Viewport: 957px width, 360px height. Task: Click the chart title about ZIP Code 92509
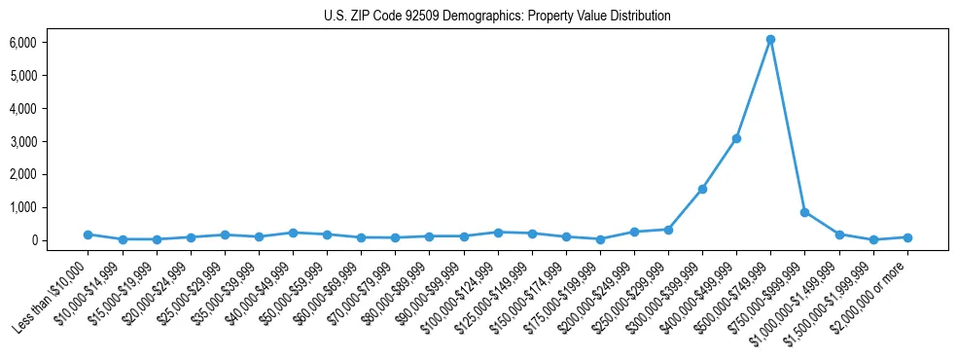[x=497, y=17]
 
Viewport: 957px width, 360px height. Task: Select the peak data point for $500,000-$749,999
[x=770, y=40]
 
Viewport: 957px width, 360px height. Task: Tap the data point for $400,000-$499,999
[x=736, y=138]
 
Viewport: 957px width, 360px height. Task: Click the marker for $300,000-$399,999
[x=702, y=189]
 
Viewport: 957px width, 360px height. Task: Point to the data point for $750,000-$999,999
[x=804, y=212]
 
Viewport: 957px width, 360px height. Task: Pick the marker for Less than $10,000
[x=88, y=234]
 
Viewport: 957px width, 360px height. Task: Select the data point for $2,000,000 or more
[x=907, y=237]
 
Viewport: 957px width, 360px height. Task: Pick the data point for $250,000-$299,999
[x=668, y=230]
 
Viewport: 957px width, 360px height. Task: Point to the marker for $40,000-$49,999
[x=293, y=233]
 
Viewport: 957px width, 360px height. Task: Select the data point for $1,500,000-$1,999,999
[x=873, y=239]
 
